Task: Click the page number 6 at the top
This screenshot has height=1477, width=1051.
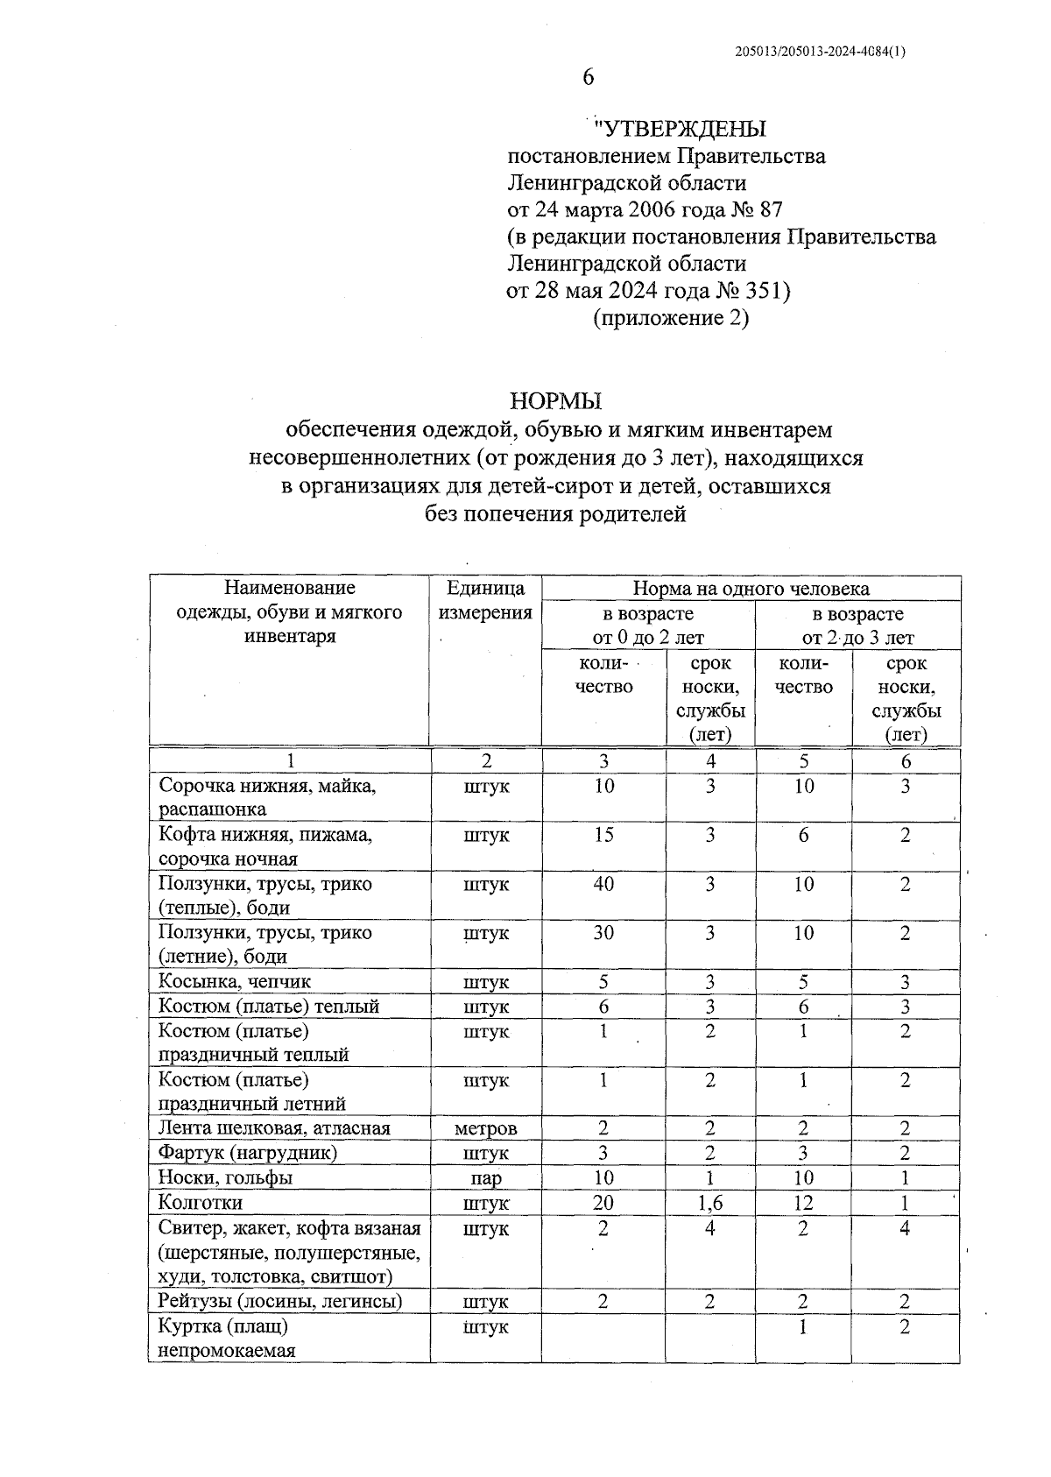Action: click(588, 78)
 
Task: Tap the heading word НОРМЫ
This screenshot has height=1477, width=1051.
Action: click(556, 401)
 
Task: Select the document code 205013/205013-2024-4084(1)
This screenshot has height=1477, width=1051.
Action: click(820, 52)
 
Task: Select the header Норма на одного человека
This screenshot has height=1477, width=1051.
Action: click(751, 589)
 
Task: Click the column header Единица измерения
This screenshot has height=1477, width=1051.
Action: click(485, 600)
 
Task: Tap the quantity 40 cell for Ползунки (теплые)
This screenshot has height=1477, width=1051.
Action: click(603, 885)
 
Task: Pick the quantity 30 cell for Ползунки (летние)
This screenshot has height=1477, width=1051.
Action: click(603, 934)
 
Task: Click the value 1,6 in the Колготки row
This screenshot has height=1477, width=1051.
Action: click(709, 1204)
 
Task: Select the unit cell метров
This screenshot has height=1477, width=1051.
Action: click(485, 1129)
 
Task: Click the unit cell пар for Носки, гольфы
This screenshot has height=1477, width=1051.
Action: click(485, 1179)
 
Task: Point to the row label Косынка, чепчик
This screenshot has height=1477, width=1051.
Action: click(234, 982)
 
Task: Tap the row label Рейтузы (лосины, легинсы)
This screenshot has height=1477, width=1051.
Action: click(280, 1302)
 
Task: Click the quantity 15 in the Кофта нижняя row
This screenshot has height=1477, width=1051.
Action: click(603, 836)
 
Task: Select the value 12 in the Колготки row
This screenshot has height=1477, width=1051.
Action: click(803, 1204)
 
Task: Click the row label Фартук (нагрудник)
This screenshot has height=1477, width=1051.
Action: click(247, 1154)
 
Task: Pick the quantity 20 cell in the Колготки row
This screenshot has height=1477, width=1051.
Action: click(603, 1204)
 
